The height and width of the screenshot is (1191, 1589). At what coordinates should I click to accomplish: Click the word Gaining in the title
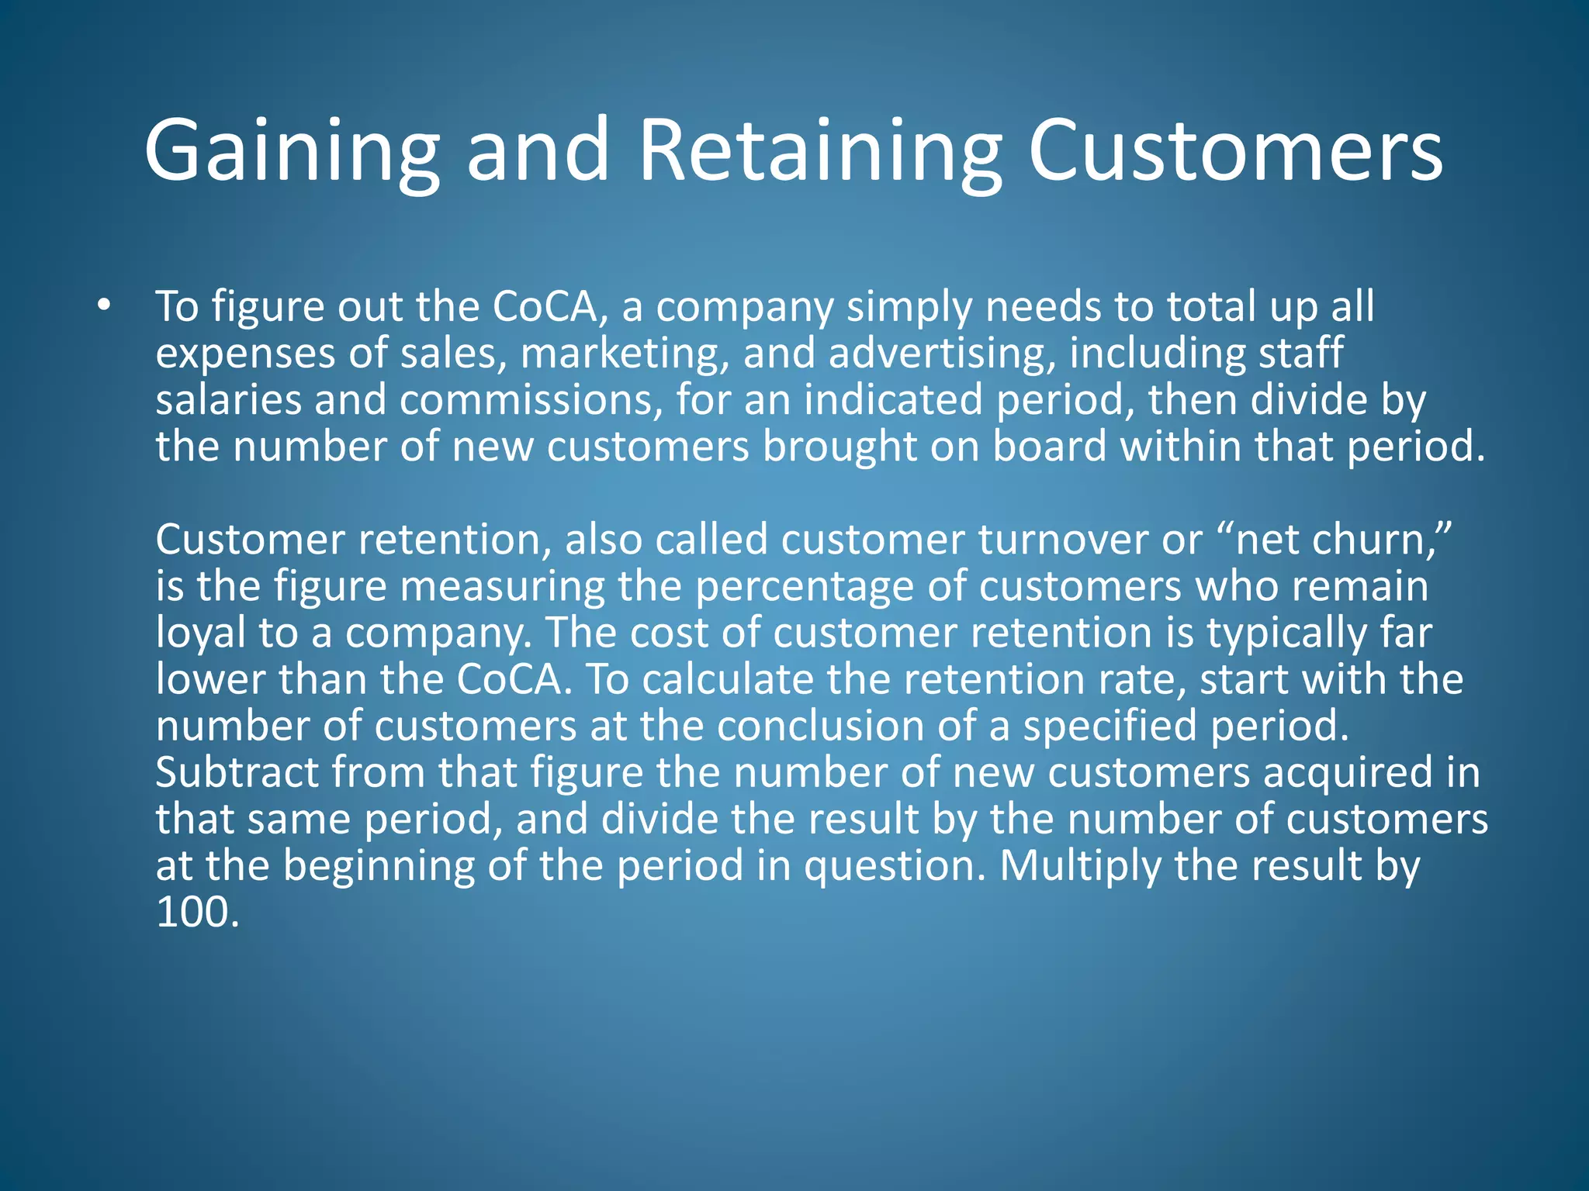[292, 151]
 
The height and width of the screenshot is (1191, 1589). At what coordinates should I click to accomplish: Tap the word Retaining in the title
[820, 151]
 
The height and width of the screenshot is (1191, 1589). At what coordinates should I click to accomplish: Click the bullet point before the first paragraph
[105, 306]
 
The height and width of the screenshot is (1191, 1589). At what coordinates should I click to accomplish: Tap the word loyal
[200, 633]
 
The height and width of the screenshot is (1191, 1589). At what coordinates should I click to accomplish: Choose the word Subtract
[237, 773]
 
